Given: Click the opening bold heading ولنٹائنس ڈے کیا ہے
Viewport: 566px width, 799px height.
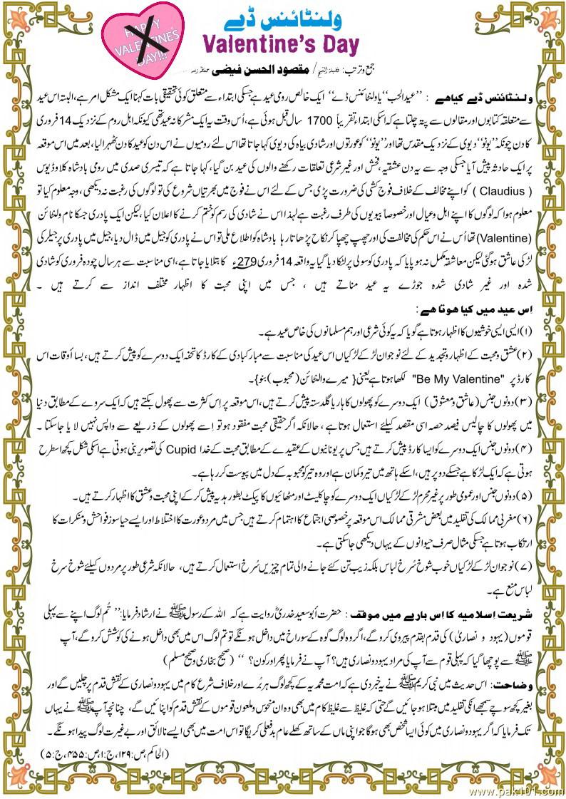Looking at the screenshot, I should [x=495, y=93].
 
